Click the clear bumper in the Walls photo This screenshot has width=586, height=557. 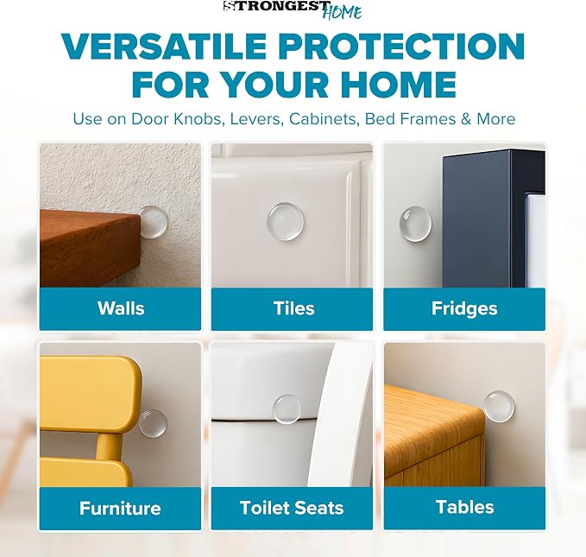[153, 222]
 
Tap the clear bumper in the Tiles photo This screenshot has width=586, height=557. [285, 222]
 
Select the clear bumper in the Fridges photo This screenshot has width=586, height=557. [415, 224]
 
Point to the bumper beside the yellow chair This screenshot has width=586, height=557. [153, 423]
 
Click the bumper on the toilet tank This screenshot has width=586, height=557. [287, 409]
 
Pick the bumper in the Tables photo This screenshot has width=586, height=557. [499, 406]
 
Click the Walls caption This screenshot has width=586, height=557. [121, 308]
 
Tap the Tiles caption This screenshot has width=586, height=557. [294, 308]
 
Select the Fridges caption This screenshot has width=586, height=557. [464, 309]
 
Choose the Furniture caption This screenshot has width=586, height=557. [120, 509]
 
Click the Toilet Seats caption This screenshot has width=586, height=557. [292, 508]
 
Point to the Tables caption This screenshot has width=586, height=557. [465, 507]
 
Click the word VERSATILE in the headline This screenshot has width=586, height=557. [164, 47]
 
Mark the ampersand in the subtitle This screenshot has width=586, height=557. [466, 119]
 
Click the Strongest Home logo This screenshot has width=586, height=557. [293, 9]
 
